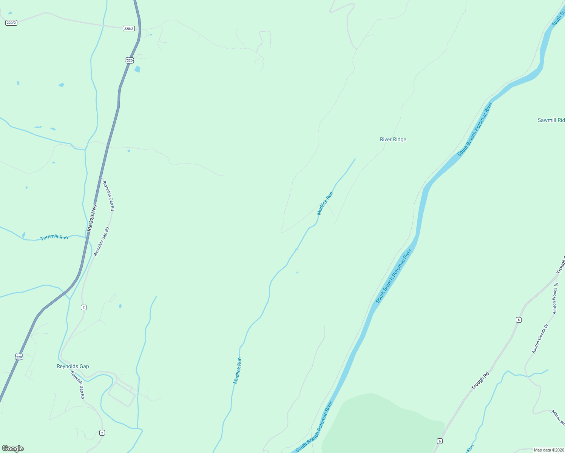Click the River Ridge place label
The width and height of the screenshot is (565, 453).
pyautogui.click(x=393, y=139)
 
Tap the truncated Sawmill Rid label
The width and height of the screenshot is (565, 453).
pyautogui.click(x=551, y=120)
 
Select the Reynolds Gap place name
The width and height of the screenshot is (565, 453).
pyautogui.click(x=73, y=366)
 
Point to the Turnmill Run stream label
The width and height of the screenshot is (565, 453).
pyautogui.click(x=54, y=237)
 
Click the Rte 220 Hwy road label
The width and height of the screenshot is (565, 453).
pyautogui.click(x=92, y=218)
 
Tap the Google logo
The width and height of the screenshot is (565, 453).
pyautogui.click(x=13, y=448)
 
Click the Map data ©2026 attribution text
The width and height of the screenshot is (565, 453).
pyautogui.click(x=548, y=450)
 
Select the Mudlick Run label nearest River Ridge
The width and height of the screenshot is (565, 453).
pyautogui.click(x=325, y=203)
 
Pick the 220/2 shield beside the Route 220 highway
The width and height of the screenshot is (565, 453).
pyautogui.click(x=129, y=29)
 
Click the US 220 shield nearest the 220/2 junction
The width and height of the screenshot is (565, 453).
pyautogui.click(x=130, y=60)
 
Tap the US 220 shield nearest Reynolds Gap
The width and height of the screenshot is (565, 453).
pyautogui.click(x=19, y=357)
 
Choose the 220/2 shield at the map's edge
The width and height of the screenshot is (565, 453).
pyautogui.click(x=11, y=23)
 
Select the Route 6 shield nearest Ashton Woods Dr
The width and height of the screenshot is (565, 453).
pyautogui.click(x=519, y=320)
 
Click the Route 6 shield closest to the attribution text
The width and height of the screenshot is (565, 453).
pyautogui.click(x=439, y=441)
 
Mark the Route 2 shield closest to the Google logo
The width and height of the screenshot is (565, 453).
pyautogui.click(x=102, y=433)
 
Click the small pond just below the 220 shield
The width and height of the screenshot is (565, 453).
pyautogui.click(x=137, y=69)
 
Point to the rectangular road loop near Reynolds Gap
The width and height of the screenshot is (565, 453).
pyautogui.click(x=122, y=395)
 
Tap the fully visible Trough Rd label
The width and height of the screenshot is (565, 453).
pyautogui.click(x=480, y=381)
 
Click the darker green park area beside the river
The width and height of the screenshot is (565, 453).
pyautogui.click(x=381, y=423)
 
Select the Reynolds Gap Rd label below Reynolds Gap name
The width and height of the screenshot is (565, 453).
pyautogui.click(x=78, y=385)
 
